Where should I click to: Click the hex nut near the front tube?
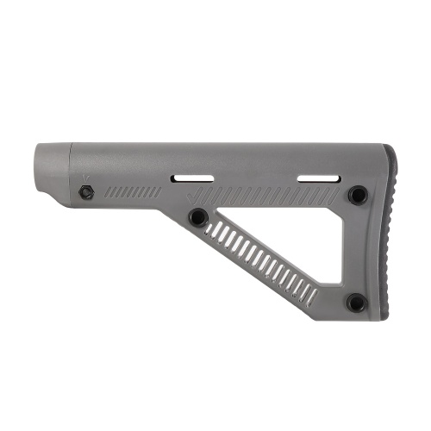click(86, 193)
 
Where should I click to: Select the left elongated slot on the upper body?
click(191, 179)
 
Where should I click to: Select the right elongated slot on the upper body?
click(315, 179)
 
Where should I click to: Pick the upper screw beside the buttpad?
click(357, 196)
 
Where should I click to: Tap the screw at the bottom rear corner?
click(355, 302)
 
